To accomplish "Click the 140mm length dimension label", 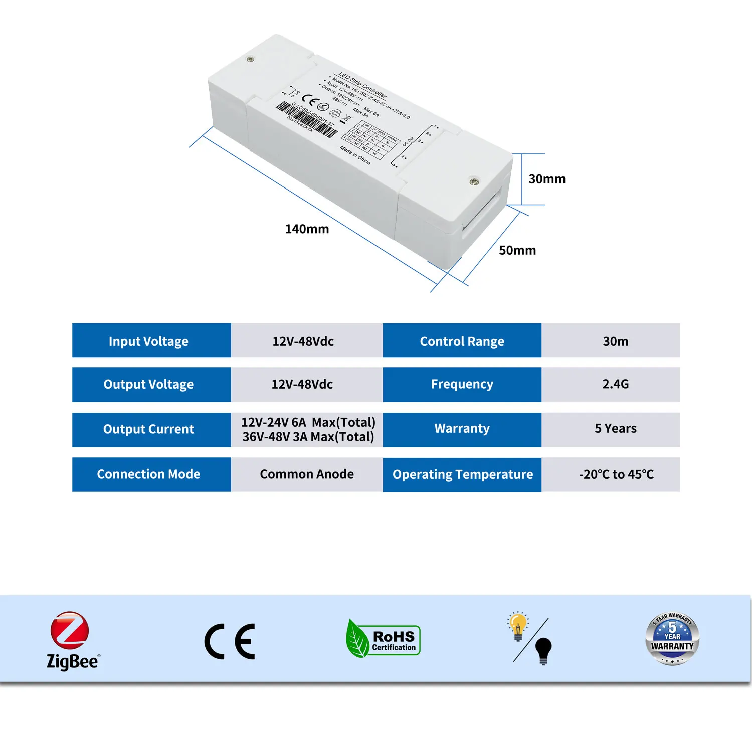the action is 307,229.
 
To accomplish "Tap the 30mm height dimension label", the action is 547,179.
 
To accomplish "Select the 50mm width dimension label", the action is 517,250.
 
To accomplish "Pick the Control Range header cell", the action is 462,341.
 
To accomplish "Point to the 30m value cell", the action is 615,341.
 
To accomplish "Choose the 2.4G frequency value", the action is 615,384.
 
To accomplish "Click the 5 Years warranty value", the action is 615,429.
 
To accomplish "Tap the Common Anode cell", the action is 306,474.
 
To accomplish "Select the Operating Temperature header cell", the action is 462,474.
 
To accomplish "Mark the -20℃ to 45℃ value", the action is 616,474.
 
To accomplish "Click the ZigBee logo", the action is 72,640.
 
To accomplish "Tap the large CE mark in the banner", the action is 230,641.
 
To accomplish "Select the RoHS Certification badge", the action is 384,639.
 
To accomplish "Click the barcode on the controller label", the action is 307,119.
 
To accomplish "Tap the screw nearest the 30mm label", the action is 473,181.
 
